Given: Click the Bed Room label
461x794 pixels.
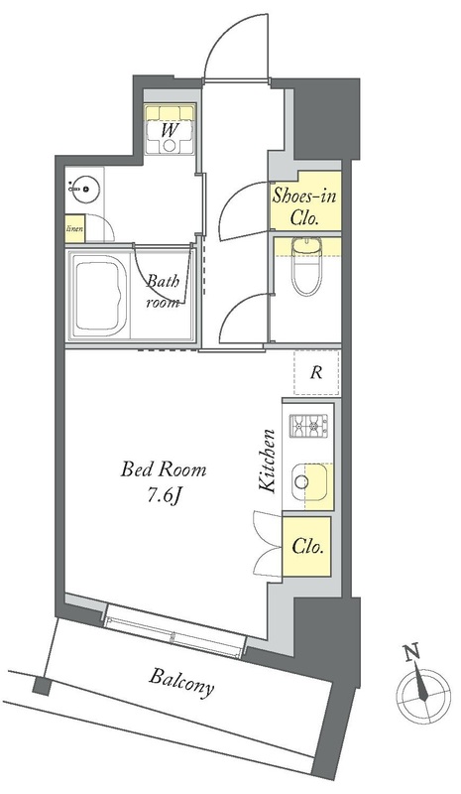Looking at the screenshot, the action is tap(164, 469).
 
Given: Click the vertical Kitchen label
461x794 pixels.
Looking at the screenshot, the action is tap(268, 461).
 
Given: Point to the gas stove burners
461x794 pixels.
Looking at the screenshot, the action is tap(308, 426).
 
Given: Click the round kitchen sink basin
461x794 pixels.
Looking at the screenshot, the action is tap(301, 481).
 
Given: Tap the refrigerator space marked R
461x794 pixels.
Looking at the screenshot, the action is tap(316, 373).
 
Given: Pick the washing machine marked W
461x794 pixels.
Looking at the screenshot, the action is tap(170, 130).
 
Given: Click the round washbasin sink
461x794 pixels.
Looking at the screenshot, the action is tap(84, 190).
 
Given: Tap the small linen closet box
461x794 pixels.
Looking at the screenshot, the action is tap(75, 228).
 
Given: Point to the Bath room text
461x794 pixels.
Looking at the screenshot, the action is tap(163, 292).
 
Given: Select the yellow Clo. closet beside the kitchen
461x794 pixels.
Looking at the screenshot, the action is tap(306, 547).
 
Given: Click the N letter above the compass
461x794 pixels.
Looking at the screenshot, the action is tap(412, 652).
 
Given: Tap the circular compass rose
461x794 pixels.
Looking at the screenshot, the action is tap(423, 696).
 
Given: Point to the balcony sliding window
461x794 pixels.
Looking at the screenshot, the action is tap(173, 630).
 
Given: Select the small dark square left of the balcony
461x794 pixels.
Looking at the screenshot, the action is tap(42, 686).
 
